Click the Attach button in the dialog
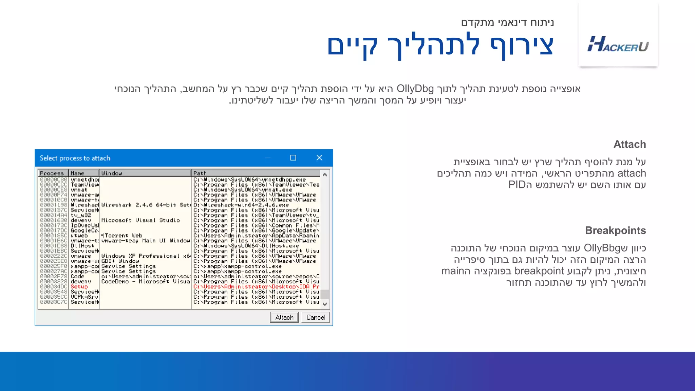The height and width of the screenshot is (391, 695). point(284,317)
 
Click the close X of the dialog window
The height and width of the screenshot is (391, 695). point(319,158)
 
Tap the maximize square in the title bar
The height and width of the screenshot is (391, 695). point(293,158)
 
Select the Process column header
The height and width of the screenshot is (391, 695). point(52,173)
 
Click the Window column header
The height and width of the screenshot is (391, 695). point(111,173)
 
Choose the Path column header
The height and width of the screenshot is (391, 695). point(200,173)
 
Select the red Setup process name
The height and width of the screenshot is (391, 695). point(79,286)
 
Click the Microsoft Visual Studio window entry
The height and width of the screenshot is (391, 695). point(140,220)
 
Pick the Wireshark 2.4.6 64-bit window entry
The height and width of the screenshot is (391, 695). point(145,205)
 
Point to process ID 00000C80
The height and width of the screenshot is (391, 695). point(54,180)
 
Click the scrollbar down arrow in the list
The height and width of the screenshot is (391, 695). point(325,304)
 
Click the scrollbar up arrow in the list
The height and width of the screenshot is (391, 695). point(325,174)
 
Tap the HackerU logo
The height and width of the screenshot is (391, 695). point(618,44)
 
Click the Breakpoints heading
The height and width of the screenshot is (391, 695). point(615,230)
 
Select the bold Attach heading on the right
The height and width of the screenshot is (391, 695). point(630,144)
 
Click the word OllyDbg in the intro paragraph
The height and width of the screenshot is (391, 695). point(415,89)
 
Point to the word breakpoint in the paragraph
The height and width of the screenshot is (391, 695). point(539,271)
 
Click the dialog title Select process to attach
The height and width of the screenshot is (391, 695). point(75,158)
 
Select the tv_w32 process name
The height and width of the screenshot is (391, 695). point(81,215)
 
